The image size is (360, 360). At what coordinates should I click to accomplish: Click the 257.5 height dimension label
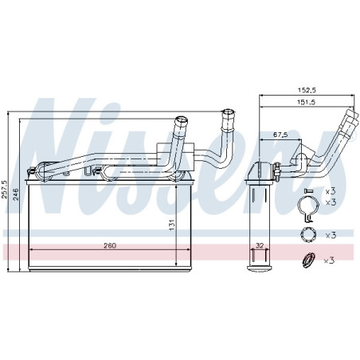point(5,190)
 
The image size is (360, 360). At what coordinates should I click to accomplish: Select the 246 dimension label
point(16,194)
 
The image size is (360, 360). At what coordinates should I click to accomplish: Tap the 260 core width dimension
point(110,245)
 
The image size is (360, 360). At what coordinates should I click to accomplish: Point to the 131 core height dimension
point(172,225)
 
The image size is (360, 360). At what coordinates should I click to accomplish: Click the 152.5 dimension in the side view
point(307,90)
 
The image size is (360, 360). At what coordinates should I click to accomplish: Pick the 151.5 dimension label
point(306,102)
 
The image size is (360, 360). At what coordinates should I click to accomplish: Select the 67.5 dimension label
point(280,135)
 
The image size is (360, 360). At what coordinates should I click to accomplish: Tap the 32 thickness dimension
point(259,245)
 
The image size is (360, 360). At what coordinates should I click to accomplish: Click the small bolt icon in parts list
point(309,190)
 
